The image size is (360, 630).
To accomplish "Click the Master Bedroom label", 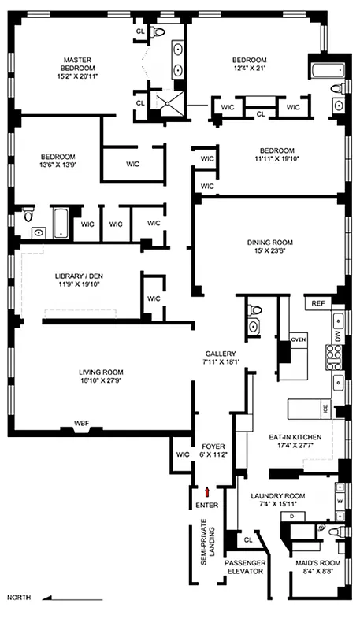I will point(79,62).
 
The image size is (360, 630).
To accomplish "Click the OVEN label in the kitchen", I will point(298,339).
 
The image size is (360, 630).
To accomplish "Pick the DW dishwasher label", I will point(336,335).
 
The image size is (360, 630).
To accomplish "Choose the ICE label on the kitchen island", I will point(324,409).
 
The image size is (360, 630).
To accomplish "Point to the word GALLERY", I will point(215,354).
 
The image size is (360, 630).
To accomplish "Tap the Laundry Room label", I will point(276,496).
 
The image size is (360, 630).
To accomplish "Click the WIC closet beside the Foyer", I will point(182,454).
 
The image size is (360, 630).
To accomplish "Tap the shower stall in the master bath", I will point(166,102).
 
